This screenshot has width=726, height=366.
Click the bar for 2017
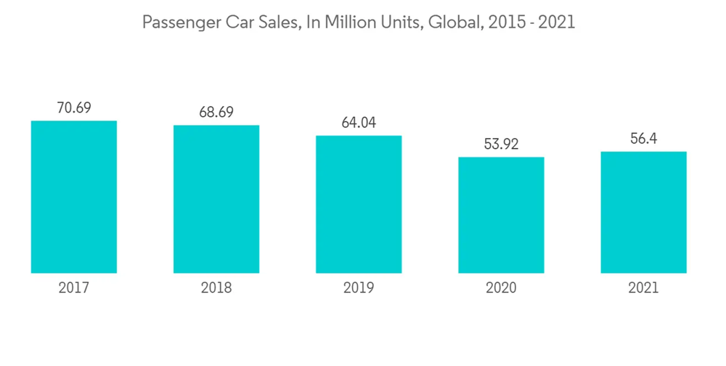tap(74, 197)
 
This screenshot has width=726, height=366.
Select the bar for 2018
tap(216, 199)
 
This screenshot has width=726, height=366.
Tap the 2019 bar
tap(359, 204)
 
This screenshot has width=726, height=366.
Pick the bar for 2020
tap(501, 215)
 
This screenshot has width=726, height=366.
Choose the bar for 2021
tap(643, 212)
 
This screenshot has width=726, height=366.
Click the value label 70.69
tap(74, 108)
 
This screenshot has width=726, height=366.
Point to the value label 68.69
tap(216, 113)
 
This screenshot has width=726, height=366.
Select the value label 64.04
tap(359, 123)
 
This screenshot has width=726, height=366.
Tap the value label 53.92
tap(501, 145)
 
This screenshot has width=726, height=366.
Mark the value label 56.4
tap(643, 139)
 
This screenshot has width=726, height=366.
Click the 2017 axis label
tap(74, 288)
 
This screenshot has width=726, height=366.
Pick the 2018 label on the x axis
tap(216, 288)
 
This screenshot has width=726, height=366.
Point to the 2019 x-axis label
tap(359, 288)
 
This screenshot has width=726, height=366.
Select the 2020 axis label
tap(501, 288)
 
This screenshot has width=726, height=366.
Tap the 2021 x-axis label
tap(643, 288)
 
